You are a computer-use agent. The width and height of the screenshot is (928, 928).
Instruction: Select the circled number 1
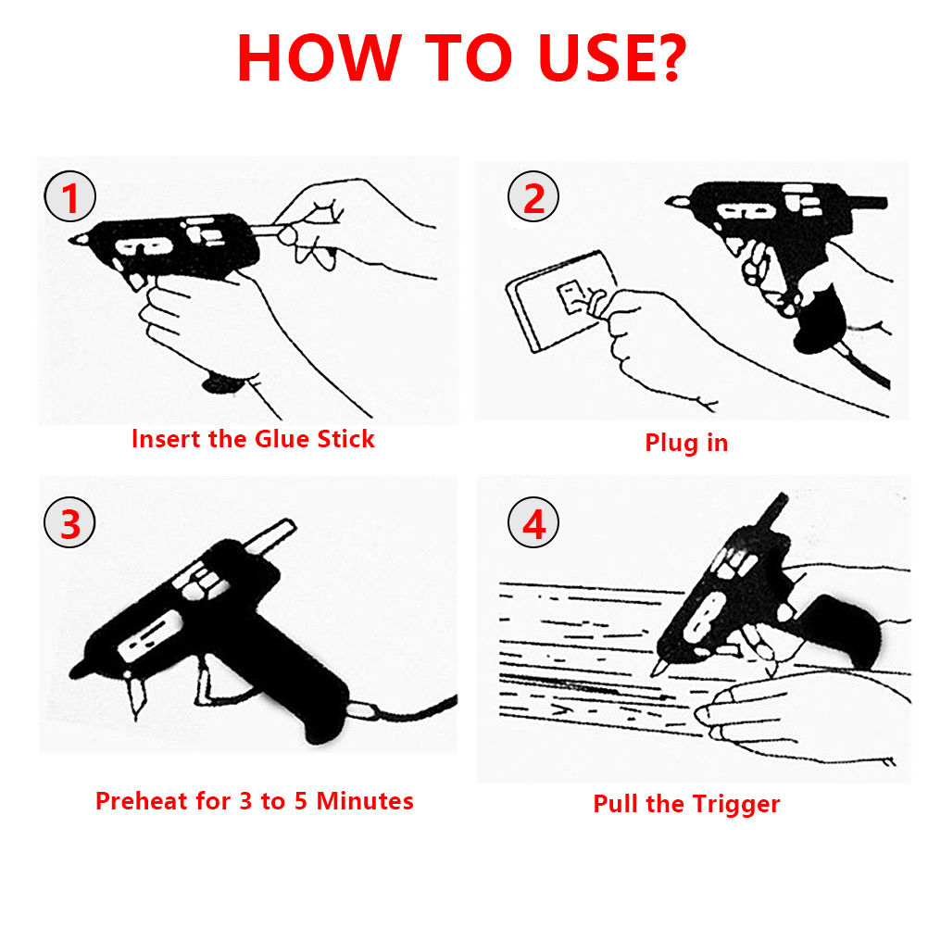click(x=69, y=196)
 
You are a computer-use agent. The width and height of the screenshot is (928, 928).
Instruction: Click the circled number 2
click(x=533, y=196)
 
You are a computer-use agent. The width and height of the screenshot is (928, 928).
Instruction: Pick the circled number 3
click(x=69, y=522)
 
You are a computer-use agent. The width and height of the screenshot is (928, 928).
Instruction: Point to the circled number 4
click(x=533, y=522)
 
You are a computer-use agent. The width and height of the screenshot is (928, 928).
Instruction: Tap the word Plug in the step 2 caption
click(x=671, y=444)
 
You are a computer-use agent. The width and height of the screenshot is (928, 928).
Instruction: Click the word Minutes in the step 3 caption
click(x=365, y=801)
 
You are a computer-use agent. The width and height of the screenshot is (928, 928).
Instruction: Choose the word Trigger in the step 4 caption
click(x=736, y=804)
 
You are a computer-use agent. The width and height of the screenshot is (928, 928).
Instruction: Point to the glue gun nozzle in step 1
click(x=79, y=239)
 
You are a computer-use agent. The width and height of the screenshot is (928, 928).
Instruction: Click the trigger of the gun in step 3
click(x=205, y=681)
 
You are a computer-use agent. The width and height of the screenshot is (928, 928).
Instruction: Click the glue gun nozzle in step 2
click(x=678, y=202)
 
